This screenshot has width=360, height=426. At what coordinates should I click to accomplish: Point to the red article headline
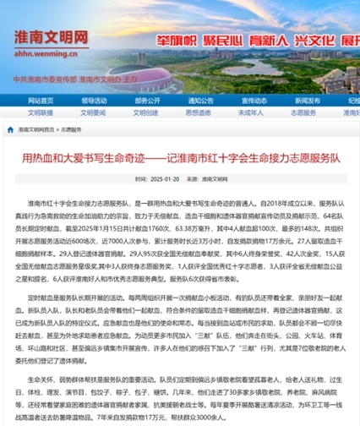(180, 157)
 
